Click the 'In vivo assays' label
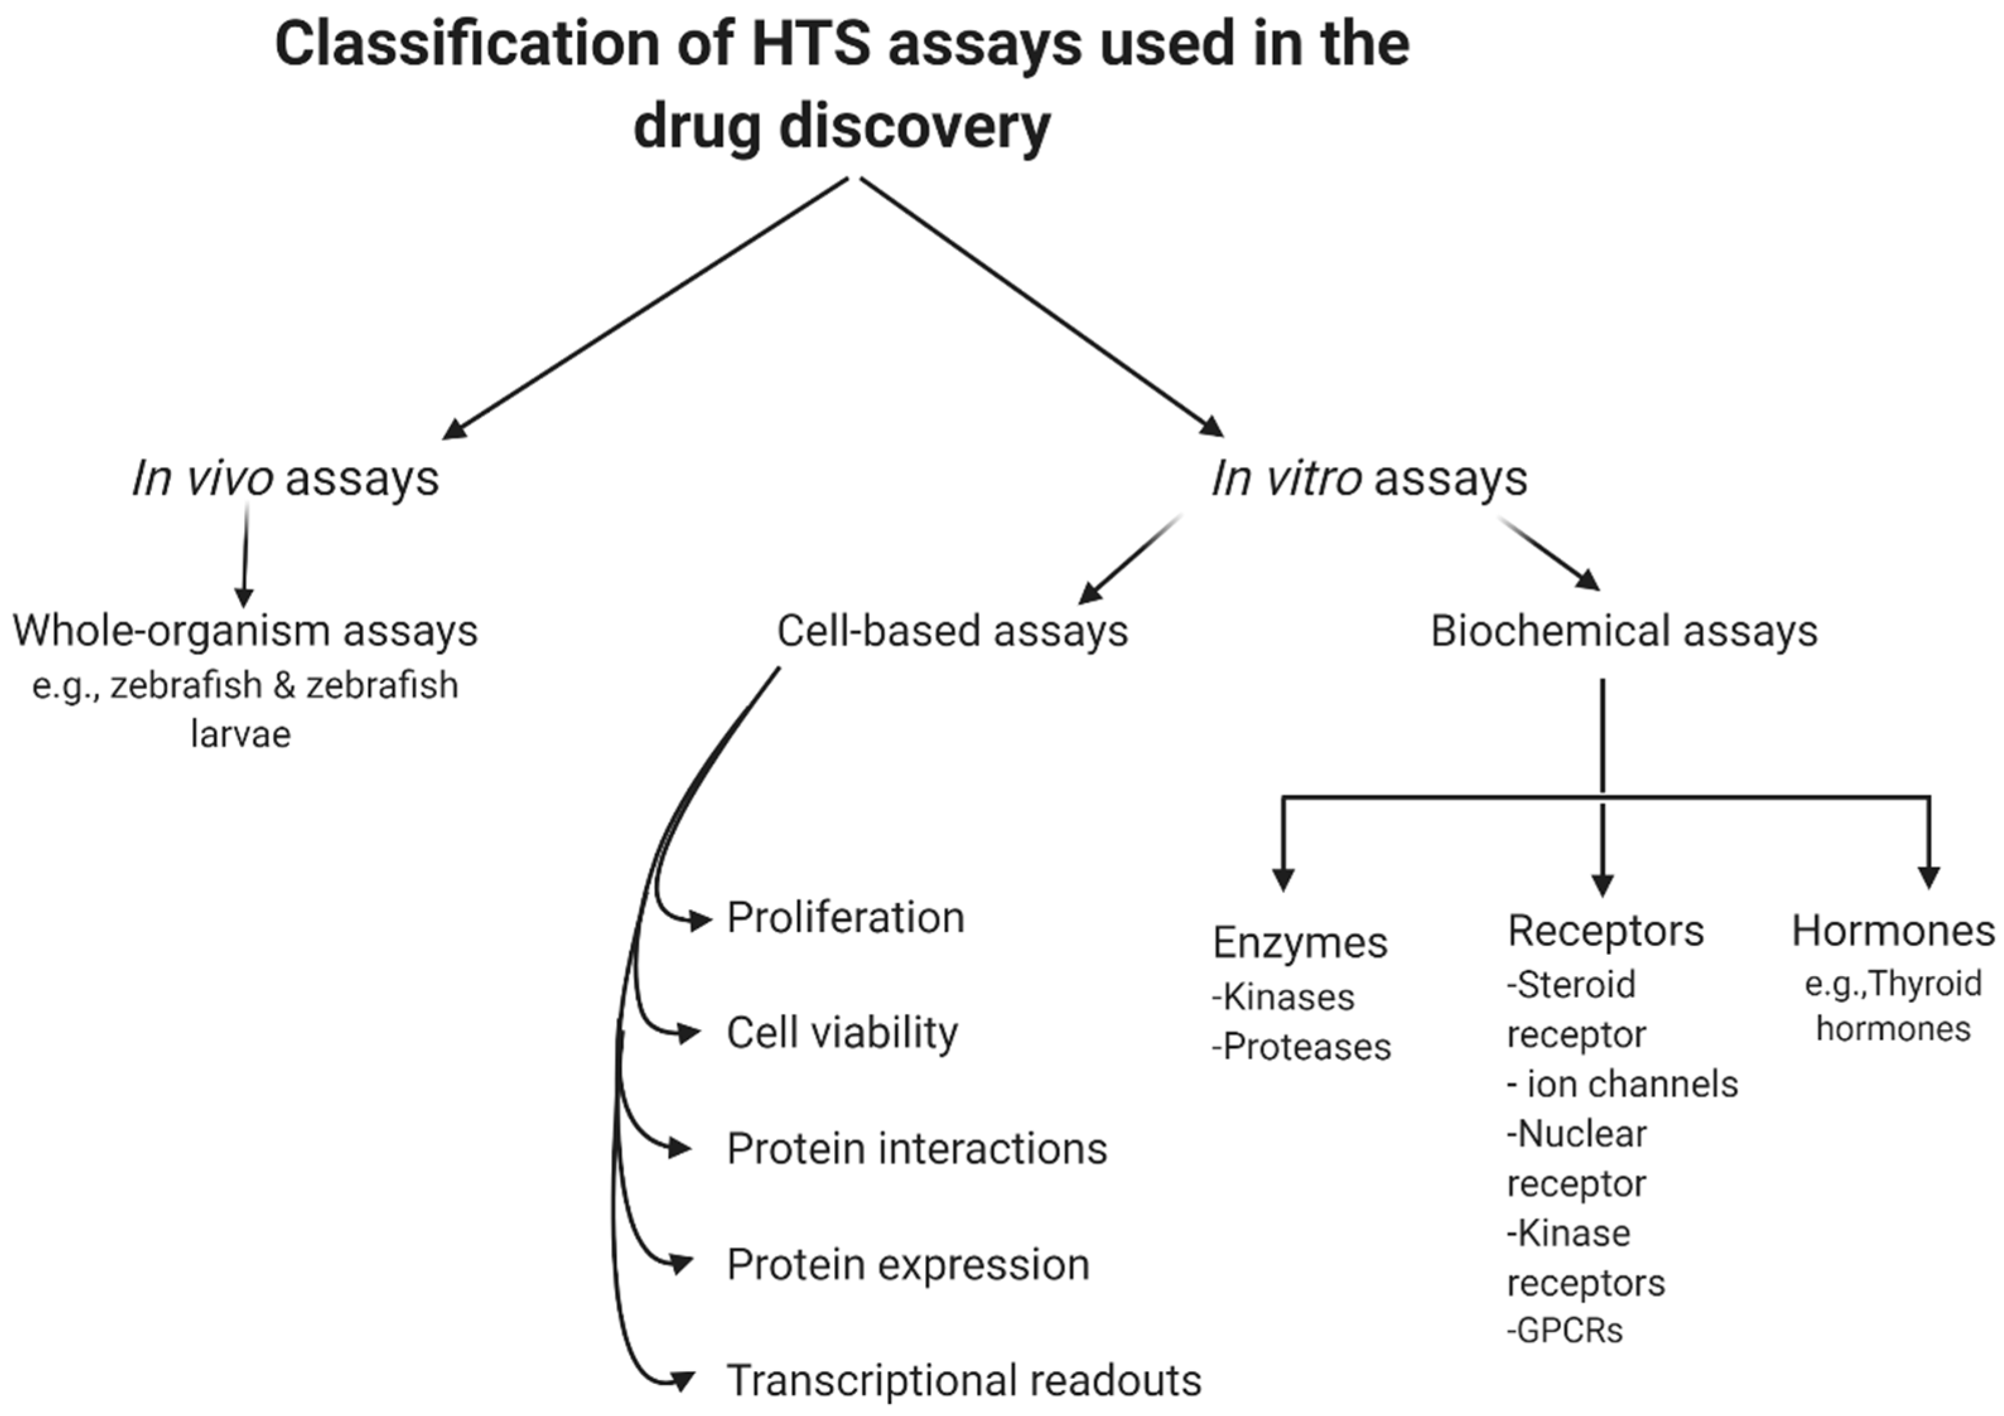[286, 478]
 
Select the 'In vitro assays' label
[1368, 478]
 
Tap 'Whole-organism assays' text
[245, 630]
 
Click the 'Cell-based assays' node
[952, 630]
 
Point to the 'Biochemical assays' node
[1624, 630]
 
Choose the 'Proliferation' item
[846, 918]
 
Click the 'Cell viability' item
[842, 1033]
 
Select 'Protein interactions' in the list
[916, 1148]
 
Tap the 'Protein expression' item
[908, 1264]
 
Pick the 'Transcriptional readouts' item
[964, 1380]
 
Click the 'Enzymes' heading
[1300, 942]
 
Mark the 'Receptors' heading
[1605, 930]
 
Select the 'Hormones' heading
[1892, 930]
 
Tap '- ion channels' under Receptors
[1622, 1084]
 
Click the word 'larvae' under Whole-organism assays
[240, 734]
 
